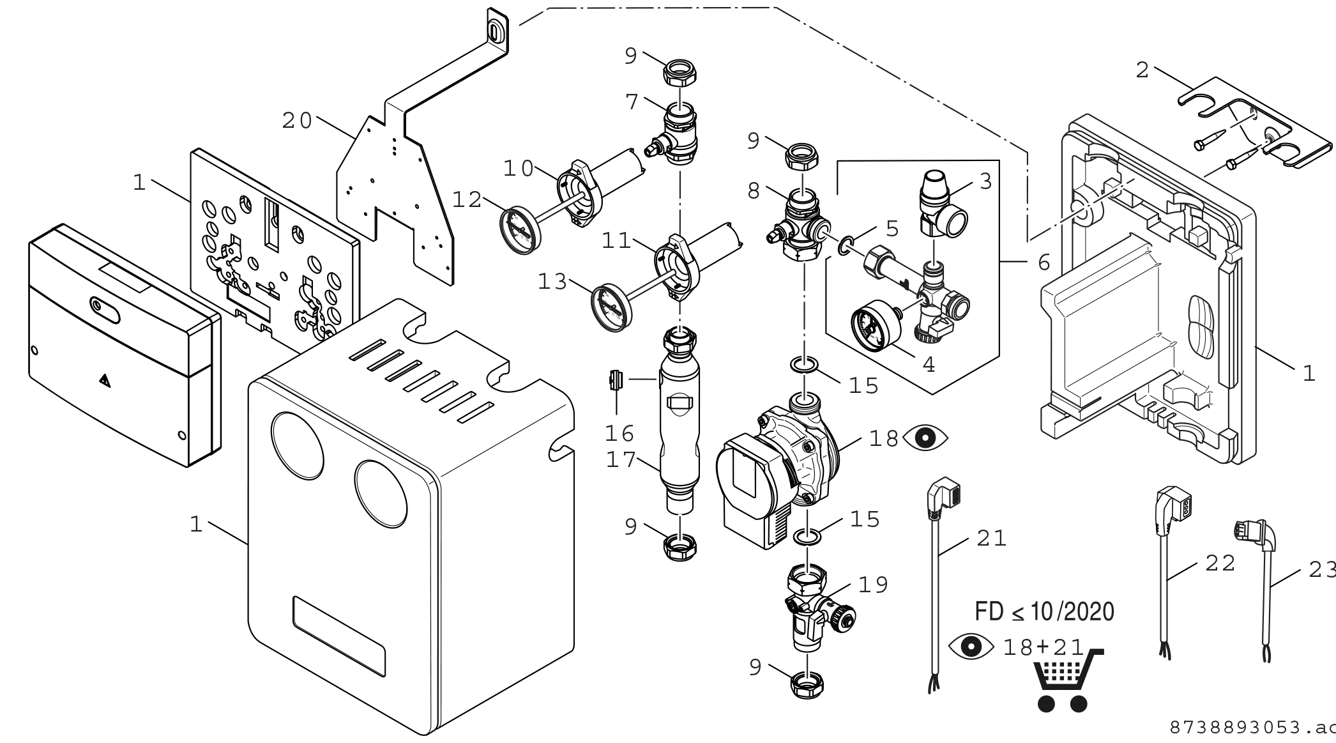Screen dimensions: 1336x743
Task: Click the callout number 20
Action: (298, 121)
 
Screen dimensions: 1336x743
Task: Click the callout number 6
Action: (1044, 262)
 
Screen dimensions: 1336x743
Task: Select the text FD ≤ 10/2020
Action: (1044, 611)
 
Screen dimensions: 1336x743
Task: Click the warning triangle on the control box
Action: (105, 381)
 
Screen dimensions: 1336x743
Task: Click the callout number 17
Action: (621, 460)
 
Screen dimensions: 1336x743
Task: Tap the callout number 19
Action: (873, 585)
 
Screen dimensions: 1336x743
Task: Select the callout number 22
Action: (1220, 563)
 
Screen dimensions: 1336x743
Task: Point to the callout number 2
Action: (1142, 70)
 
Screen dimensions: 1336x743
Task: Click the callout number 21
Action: (992, 539)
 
